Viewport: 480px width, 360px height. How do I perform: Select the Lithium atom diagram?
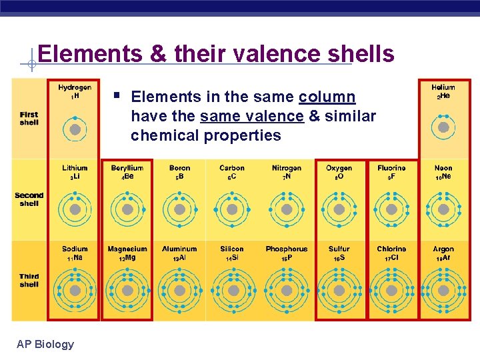coord(75,209)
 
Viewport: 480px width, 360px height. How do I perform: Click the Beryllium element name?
coord(127,168)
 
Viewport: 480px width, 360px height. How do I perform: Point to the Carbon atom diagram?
coord(232,209)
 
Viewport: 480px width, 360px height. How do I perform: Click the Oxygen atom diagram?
coord(339,209)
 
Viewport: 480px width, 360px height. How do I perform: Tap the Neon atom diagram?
coord(443,209)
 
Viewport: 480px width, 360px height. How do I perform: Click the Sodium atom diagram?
coord(75,291)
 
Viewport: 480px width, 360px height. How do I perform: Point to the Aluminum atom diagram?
coord(179,291)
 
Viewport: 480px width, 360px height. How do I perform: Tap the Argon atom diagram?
coord(443,291)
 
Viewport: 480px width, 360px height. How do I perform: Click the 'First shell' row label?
coord(29,118)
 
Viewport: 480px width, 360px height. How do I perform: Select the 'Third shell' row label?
coord(29,280)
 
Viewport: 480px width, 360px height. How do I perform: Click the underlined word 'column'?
coord(327,97)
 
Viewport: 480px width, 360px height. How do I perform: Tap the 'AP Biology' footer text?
coord(45,344)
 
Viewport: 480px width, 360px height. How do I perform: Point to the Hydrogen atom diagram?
coord(75,129)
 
